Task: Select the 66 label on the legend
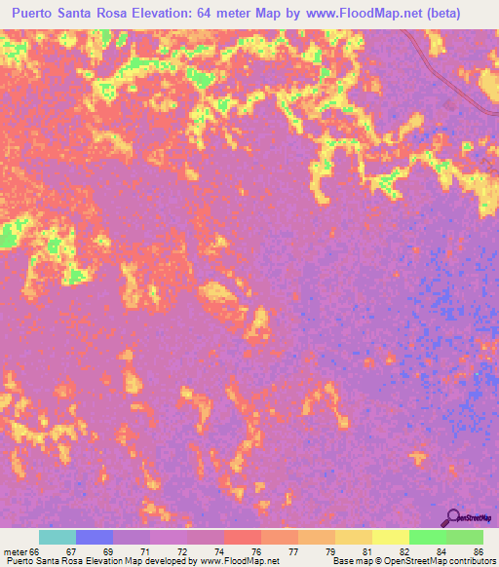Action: point(36,552)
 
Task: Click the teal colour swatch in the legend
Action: point(58,537)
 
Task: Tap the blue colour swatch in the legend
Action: point(95,537)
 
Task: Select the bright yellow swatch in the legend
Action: point(391,537)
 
